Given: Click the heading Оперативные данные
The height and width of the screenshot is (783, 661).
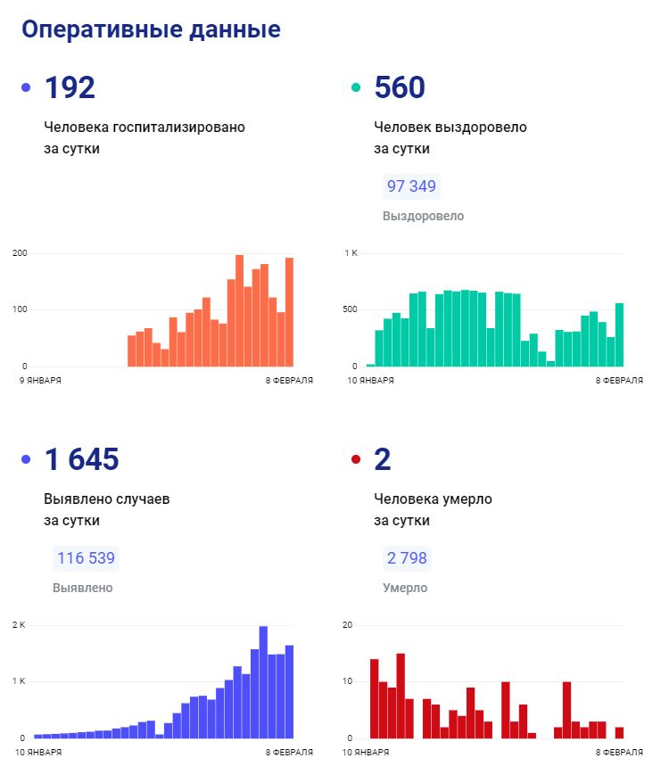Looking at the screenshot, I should (151, 29).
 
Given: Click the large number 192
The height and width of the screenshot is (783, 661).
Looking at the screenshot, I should (70, 87).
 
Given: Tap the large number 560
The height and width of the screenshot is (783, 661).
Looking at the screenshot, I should (400, 87).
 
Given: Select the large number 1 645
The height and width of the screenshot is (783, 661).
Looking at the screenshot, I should (81, 459).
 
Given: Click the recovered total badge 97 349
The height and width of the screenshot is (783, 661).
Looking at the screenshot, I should (411, 187).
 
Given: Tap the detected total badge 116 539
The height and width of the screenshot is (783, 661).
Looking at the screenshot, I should (86, 559).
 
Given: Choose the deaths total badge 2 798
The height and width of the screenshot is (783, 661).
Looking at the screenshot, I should (407, 559).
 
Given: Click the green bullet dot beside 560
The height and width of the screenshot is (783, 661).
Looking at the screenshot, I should (356, 87).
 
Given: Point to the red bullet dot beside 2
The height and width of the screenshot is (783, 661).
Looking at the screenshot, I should (356, 459).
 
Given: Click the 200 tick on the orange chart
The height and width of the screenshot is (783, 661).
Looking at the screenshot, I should (20, 253).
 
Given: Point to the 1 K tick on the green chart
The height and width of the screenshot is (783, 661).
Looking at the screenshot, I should (351, 253).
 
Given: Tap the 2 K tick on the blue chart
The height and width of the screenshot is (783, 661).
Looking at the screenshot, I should (19, 624).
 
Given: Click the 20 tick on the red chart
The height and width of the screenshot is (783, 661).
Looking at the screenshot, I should (348, 624).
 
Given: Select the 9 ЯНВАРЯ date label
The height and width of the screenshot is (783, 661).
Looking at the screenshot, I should (40, 380).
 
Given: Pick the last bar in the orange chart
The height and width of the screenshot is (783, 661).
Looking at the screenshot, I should (289, 312).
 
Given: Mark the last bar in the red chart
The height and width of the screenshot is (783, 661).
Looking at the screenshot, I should (619, 732).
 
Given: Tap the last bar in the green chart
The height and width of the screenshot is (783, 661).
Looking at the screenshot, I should (619, 334).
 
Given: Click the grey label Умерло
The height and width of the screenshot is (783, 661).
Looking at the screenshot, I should (405, 588).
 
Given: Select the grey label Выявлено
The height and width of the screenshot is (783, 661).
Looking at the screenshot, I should (83, 588).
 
